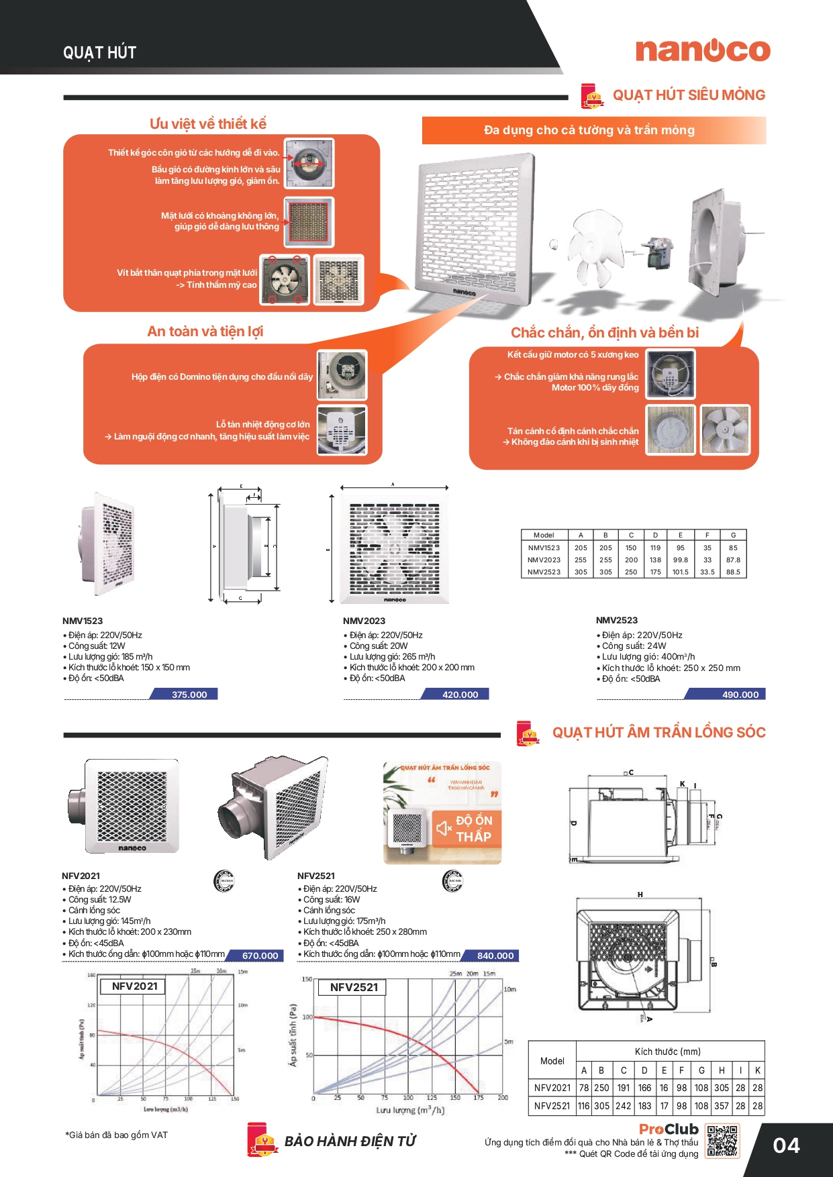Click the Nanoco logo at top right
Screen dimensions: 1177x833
coord(703,50)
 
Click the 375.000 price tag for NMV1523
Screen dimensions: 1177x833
coord(189,695)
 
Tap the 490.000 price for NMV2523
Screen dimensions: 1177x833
coord(740,695)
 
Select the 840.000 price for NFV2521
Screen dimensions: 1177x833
coord(495,956)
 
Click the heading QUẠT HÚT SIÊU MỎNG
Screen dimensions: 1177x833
coord(689,95)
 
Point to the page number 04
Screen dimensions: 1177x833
coord(786,1145)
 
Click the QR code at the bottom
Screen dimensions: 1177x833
coord(722,1141)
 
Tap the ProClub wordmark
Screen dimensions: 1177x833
coord(669,1129)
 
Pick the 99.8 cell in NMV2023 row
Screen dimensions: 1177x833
coord(681,560)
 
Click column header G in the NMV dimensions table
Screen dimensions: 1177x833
coord(733,535)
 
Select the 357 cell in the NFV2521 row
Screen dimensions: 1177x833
coord(722,1106)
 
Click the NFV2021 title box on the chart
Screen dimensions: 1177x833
coord(134,986)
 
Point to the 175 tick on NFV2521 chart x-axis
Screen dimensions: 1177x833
coord(479,1098)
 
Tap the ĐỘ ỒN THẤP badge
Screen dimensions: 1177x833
coord(467,829)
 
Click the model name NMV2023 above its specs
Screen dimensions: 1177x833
coord(364,621)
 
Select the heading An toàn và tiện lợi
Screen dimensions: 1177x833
coord(205,331)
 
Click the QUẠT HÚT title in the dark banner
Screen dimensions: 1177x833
coord(99,53)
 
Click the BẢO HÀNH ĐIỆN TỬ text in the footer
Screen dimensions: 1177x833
coord(350,1141)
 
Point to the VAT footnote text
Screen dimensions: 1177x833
coord(117,1135)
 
